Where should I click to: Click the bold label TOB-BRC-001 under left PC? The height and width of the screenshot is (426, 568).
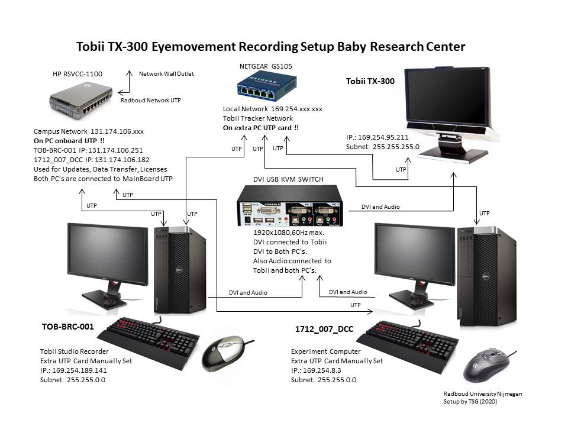[68, 327]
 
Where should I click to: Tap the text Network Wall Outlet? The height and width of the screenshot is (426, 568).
[166, 74]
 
